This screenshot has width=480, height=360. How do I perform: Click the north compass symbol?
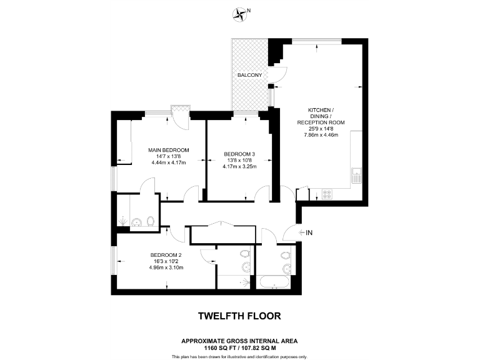coord(240,12)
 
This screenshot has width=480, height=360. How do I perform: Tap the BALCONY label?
coord(249,76)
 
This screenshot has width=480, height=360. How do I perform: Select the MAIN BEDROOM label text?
coord(168,150)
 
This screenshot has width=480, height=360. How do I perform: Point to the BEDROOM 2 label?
coord(166,254)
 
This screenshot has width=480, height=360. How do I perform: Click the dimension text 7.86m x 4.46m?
coord(321,135)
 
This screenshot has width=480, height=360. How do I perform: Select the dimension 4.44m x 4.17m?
coord(168,163)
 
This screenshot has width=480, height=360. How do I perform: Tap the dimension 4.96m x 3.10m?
coord(166,267)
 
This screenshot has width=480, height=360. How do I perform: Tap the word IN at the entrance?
coord(309,233)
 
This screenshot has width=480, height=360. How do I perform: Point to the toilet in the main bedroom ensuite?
coord(150,221)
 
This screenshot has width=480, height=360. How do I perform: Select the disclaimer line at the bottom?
coord(239,356)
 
